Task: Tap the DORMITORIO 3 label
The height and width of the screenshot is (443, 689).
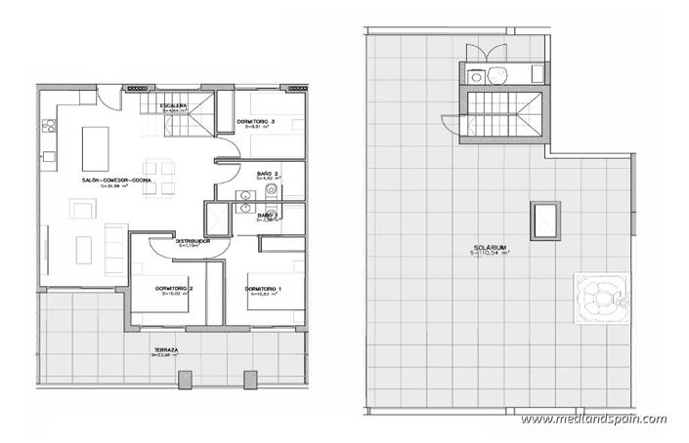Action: [x=256, y=121]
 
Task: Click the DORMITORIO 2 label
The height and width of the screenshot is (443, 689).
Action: [x=155, y=289]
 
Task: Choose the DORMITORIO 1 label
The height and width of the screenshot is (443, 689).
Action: [x=264, y=289]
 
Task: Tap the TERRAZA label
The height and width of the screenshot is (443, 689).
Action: [x=164, y=349]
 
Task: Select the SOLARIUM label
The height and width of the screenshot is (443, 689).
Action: [x=493, y=246]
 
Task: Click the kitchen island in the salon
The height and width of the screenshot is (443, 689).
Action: [x=97, y=147]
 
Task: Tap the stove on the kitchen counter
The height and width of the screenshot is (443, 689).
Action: [x=45, y=125]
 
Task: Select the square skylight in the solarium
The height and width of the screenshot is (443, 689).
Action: [x=544, y=220]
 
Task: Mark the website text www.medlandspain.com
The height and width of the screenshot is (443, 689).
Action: [x=594, y=420]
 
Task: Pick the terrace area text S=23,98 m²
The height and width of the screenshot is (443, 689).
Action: [x=164, y=356]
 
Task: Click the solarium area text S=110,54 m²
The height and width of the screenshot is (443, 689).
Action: [x=493, y=254]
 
